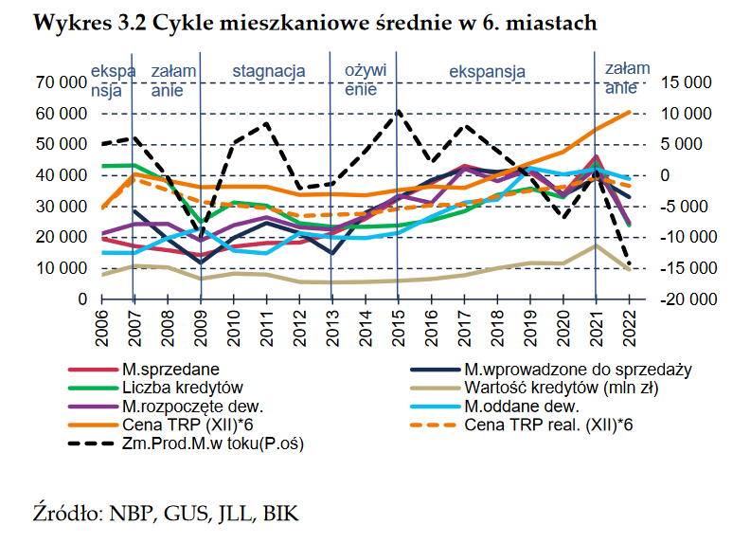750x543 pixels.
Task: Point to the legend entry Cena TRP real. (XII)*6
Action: [549, 425]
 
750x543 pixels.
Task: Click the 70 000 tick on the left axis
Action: [59, 83]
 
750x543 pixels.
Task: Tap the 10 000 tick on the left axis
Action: [59, 268]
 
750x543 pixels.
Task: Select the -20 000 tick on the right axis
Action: [683, 299]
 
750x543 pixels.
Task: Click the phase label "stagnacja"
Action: [269, 70]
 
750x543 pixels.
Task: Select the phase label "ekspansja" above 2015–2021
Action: [487, 70]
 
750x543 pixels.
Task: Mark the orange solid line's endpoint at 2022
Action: [629, 112]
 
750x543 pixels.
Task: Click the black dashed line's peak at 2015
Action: [398, 111]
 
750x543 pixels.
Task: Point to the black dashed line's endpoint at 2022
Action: [629, 266]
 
